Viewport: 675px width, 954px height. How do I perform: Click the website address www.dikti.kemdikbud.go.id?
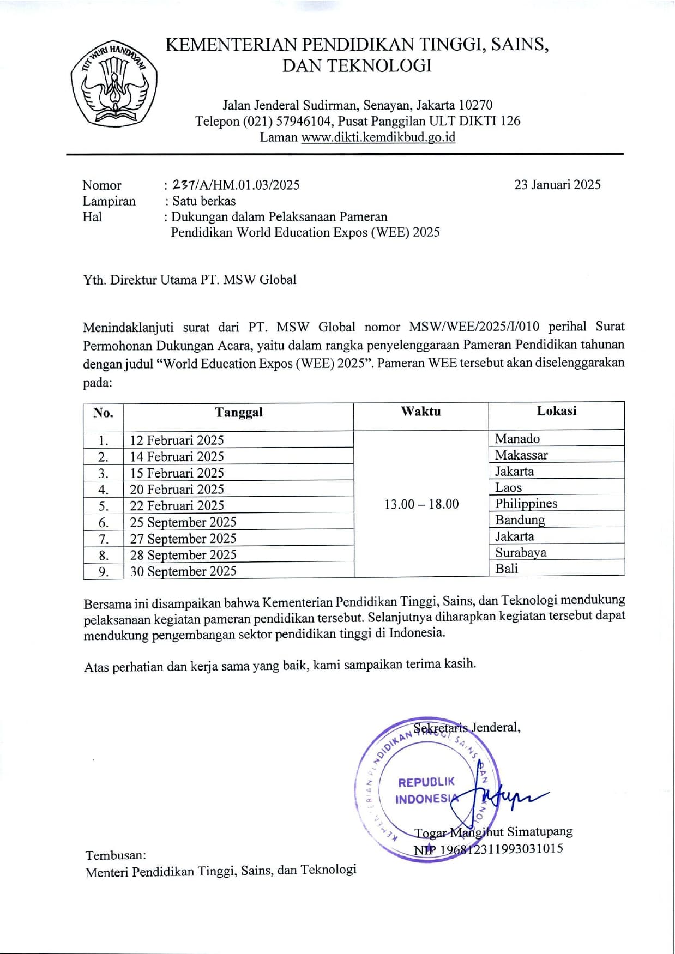378,137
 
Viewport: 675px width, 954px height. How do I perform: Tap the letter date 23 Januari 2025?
557,185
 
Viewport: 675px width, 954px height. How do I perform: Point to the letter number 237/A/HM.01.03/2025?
236,185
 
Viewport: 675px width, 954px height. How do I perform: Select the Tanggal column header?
238,413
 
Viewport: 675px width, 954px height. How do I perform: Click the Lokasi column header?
556,411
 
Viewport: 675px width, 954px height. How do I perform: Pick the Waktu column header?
420,412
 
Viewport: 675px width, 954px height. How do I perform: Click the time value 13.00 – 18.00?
421,504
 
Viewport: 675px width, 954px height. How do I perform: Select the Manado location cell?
517,439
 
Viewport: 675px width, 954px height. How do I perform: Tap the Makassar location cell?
521,455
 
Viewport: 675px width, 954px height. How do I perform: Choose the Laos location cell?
508,488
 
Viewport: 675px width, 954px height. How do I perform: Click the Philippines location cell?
526,504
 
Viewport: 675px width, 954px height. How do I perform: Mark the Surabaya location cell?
520,553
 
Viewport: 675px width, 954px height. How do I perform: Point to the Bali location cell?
507,569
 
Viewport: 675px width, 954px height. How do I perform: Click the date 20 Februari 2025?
177,490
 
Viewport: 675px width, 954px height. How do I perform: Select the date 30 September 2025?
183,571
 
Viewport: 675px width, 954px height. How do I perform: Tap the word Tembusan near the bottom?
116,855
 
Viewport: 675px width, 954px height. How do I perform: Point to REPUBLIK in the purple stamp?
426,782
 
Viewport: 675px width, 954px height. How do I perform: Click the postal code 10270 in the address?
475,105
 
